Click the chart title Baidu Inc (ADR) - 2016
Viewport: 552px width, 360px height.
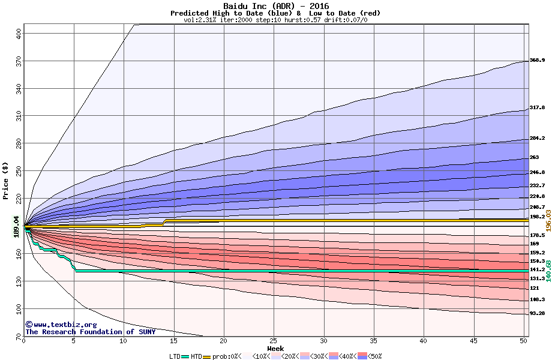pyautogui.click(x=275, y=6)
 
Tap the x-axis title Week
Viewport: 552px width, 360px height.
pyautogui.click(x=275, y=349)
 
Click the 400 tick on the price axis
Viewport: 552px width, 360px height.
pyautogui.click(x=19, y=34)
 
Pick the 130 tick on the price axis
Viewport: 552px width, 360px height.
pyautogui.click(x=19, y=281)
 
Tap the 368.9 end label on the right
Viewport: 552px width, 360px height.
pyautogui.click(x=537, y=61)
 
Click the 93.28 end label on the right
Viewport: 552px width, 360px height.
pyautogui.click(x=537, y=314)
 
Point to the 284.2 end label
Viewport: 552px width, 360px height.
pyautogui.click(x=537, y=139)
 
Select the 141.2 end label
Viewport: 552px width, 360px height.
pyautogui.click(x=537, y=270)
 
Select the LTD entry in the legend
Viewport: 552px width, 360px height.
pyautogui.click(x=176, y=356)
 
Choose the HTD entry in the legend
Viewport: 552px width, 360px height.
pyautogui.click(x=196, y=356)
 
